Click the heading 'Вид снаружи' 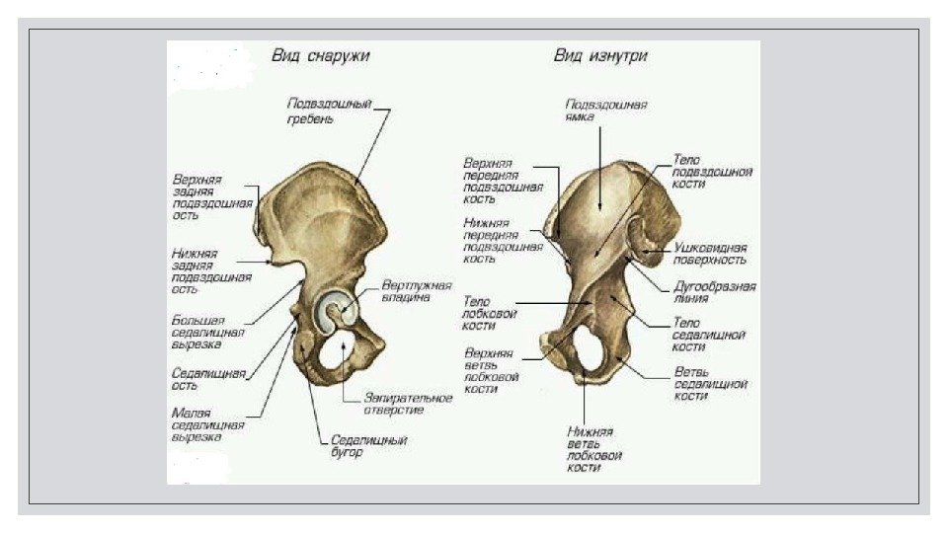[320, 56]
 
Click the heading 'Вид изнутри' [600, 56]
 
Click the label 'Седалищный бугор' [367, 446]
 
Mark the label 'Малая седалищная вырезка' [208, 423]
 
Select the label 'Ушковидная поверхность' [711, 253]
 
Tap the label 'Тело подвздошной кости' [712, 171]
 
